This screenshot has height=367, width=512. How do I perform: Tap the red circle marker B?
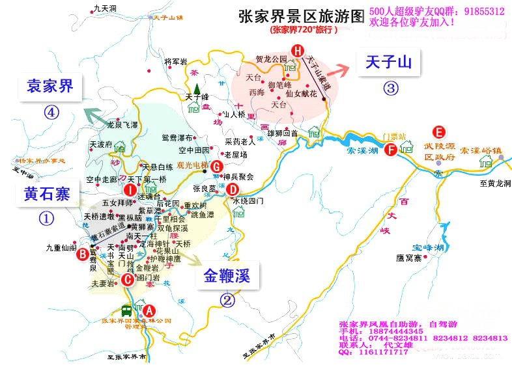pyautogui.click(x=83, y=254)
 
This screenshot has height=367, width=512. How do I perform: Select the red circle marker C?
pyautogui.click(x=128, y=279)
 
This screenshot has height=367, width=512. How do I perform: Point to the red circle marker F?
pyautogui.click(x=391, y=150)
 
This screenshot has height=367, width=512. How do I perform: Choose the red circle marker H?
pyautogui.click(x=298, y=50)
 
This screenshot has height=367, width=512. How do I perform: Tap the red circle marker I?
pyautogui.click(x=130, y=190)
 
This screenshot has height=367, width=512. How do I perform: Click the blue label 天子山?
pyautogui.click(x=389, y=62)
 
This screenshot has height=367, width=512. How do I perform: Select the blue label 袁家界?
pyautogui.click(x=50, y=86)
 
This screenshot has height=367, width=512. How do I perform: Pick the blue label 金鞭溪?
pyautogui.click(x=227, y=277)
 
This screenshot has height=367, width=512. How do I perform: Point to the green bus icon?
pyautogui.click(x=126, y=311)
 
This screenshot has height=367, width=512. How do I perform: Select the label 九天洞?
pyautogui.click(x=104, y=8)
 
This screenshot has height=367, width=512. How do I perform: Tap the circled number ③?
pyautogui.click(x=390, y=88)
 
